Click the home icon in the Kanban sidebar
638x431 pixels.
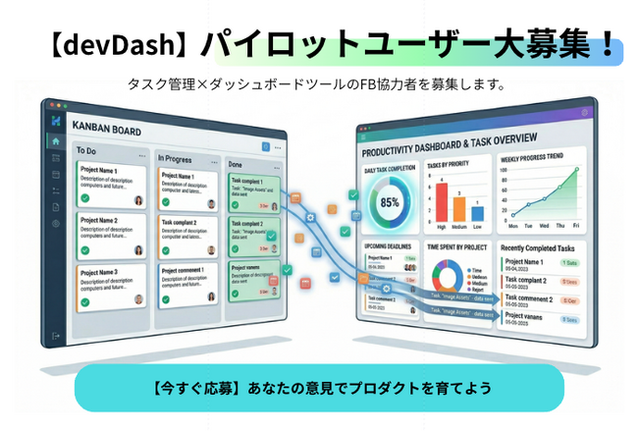click(56, 141)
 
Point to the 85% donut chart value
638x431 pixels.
click(390, 202)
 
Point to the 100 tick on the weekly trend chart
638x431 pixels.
click(504, 169)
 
